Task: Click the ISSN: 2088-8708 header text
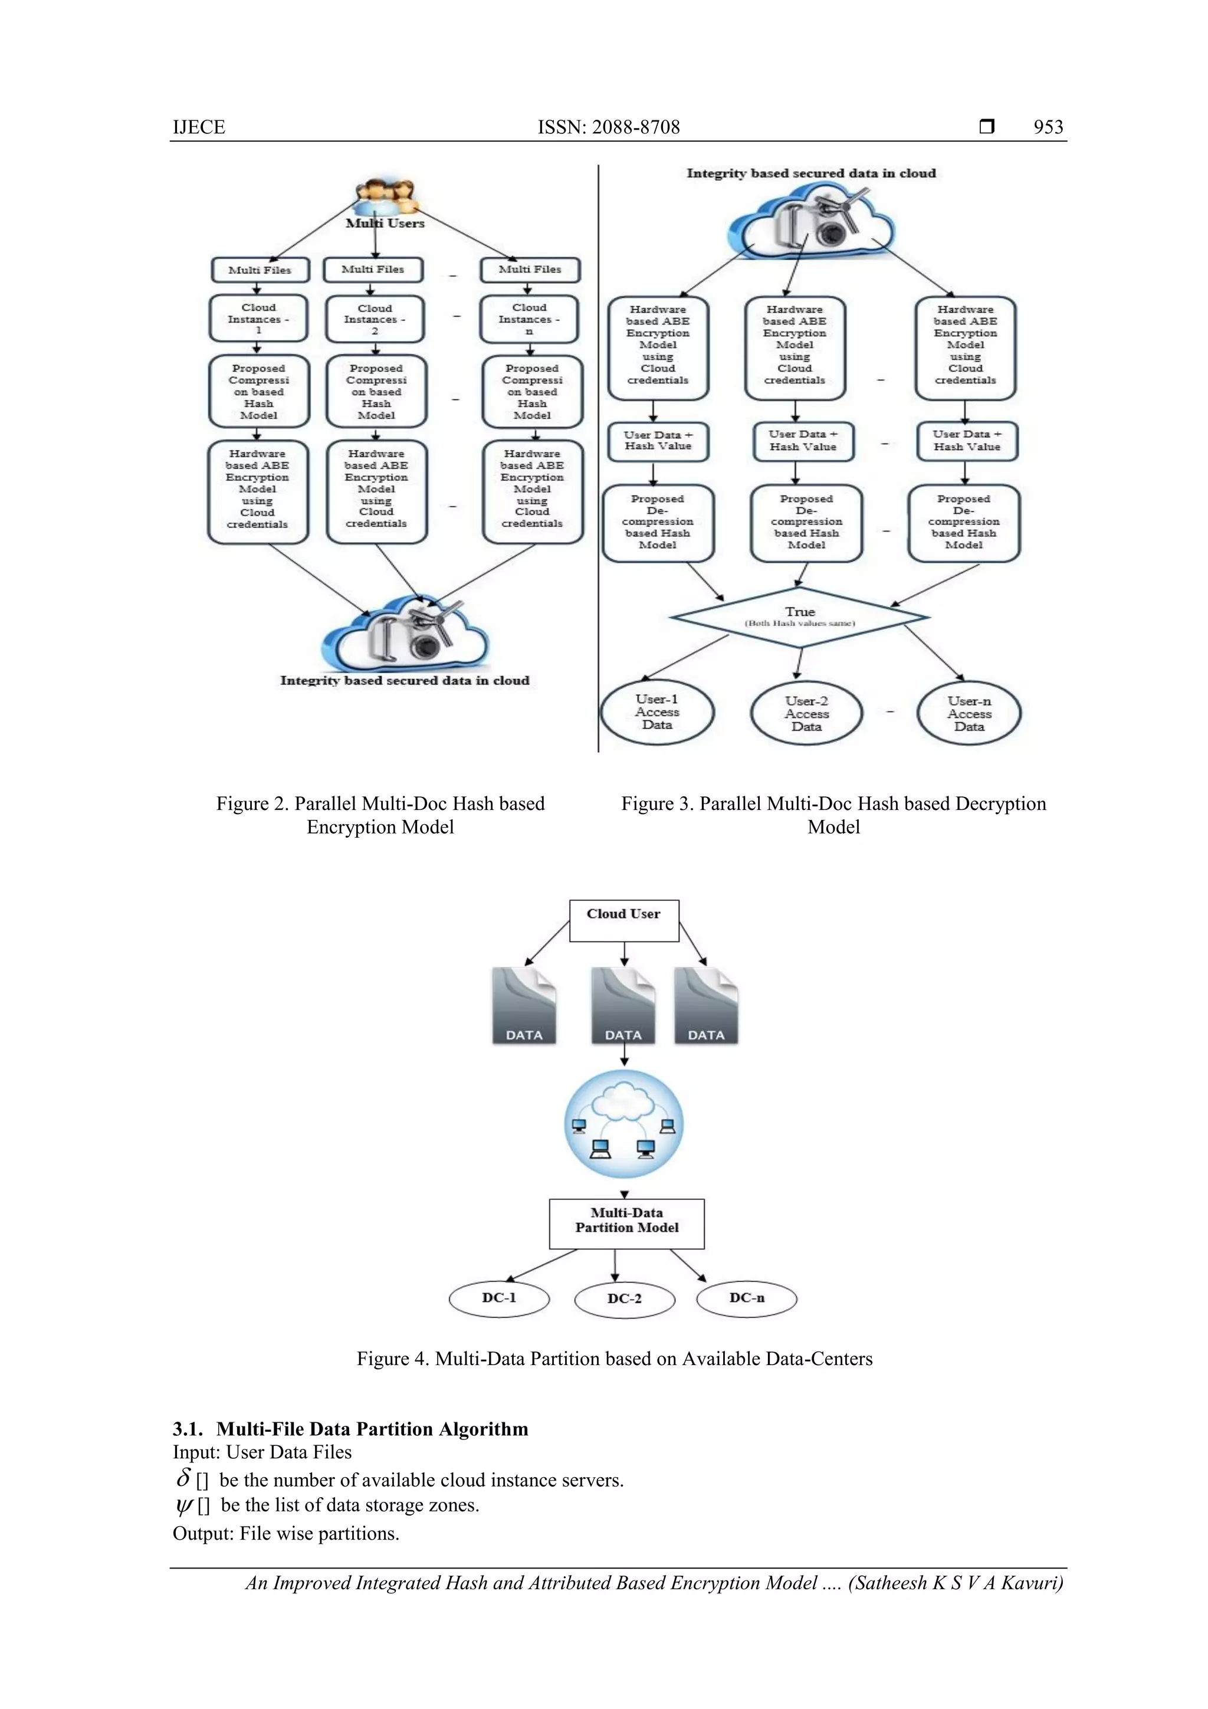click(x=608, y=127)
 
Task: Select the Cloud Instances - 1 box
click(x=258, y=319)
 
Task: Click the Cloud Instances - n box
click(x=528, y=319)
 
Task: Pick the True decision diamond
click(x=799, y=617)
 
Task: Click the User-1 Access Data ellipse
click(x=656, y=713)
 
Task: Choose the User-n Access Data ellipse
click(x=969, y=714)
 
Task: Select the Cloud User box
click(x=623, y=921)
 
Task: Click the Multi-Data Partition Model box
click(x=626, y=1223)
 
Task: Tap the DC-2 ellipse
click(x=625, y=1299)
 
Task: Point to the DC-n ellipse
click(x=747, y=1298)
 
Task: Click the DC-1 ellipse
click(x=498, y=1298)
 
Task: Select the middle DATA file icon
click(x=623, y=1006)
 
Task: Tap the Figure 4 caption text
click(x=614, y=1359)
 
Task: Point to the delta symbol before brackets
click(x=184, y=1478)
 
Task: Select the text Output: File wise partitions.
click(x=286, y=1533)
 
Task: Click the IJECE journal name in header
click(x=199, y=127)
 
